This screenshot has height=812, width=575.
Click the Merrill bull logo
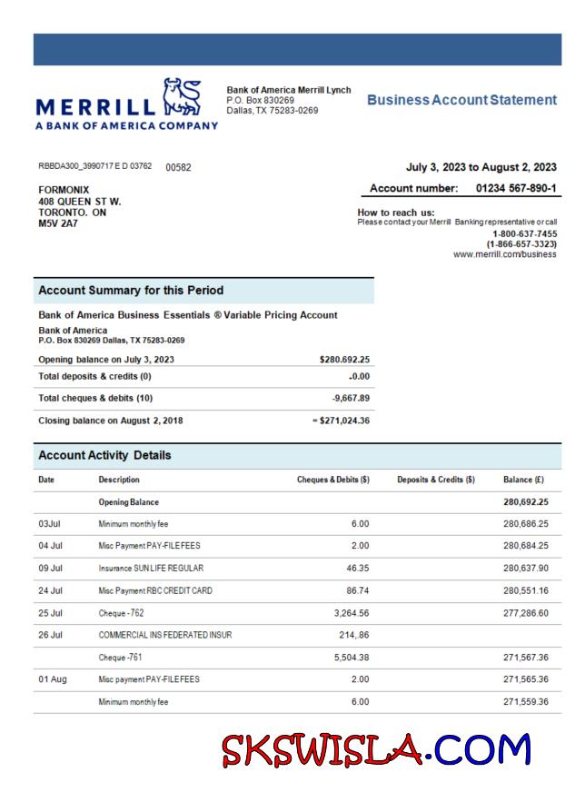click(179, 96)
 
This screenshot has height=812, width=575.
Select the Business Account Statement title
click(461, 100)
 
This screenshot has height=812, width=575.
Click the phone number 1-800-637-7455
click(524, 233)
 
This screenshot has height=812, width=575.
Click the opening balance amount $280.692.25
click(340, 360)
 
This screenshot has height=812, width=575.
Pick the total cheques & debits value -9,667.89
click(346, 399)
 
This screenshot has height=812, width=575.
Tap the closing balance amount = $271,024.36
click(335, 421)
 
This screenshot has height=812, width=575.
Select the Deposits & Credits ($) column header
click(436, 479)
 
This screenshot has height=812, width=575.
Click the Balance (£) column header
click(523, 479)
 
